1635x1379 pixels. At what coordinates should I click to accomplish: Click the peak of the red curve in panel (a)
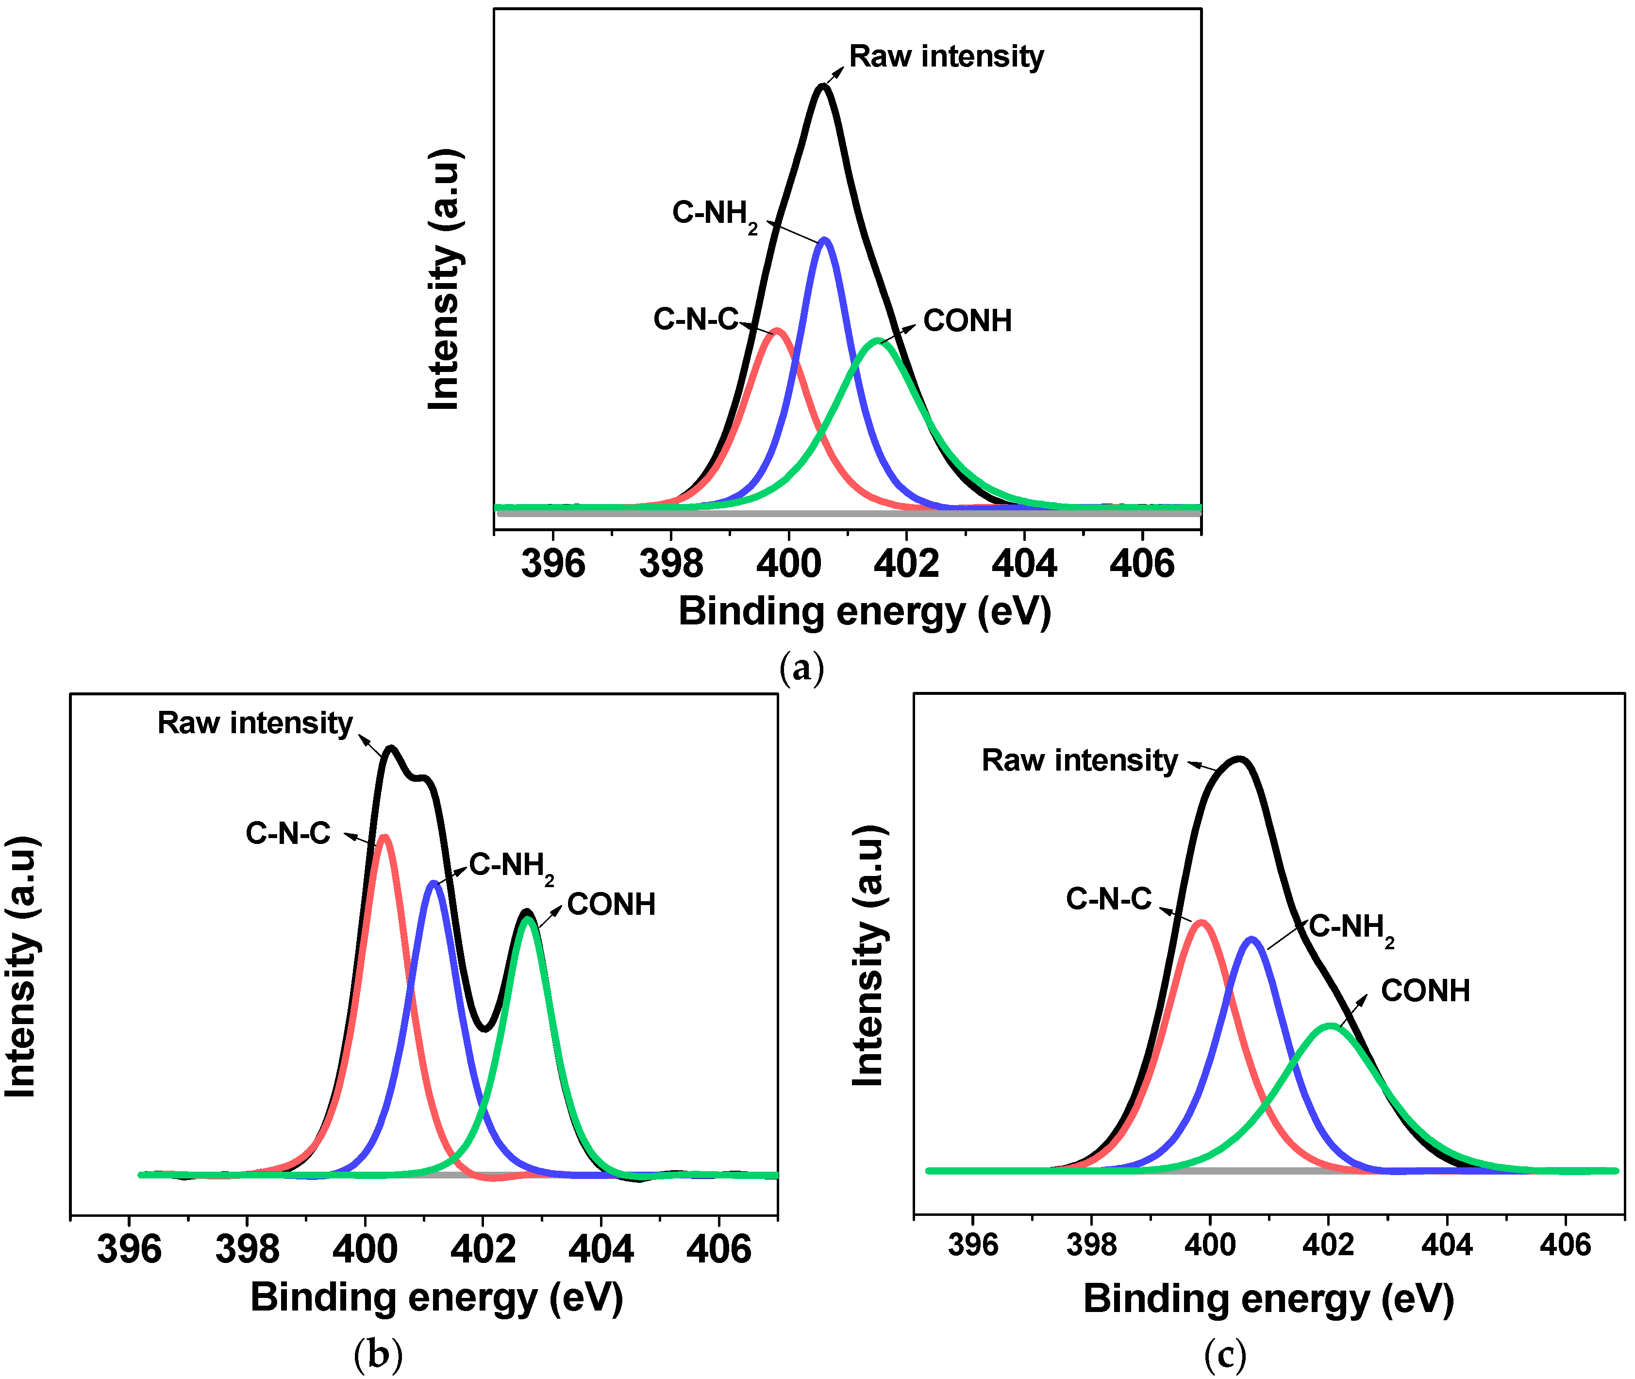[x=776, y=332]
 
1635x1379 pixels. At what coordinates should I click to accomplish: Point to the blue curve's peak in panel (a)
[x=824, y=241]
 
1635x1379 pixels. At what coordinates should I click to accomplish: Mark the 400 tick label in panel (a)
[x=788, y=564]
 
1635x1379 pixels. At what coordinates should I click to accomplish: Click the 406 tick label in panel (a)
[x=1142, y=564]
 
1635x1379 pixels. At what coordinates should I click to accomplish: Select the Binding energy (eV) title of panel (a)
[x=865, y=611]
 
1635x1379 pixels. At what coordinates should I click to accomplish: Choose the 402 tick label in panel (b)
[x=483, y=1248]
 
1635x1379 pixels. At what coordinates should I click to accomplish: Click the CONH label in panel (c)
[x=1425, y=991]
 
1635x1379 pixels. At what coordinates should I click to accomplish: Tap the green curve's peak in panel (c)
[x=1330, y=1026]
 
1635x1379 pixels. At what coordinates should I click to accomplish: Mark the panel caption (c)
[x=1225, y=1353]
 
